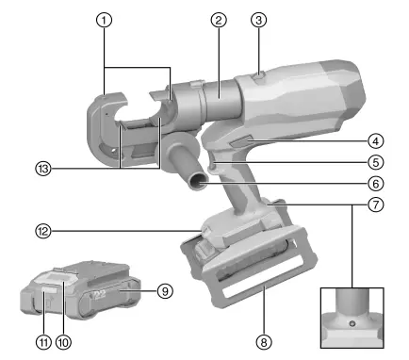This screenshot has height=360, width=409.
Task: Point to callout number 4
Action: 375,141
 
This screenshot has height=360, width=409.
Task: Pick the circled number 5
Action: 375,162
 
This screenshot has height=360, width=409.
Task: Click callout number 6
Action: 375,184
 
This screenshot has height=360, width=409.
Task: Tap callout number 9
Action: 165,291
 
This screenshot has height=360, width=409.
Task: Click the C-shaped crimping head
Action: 117,132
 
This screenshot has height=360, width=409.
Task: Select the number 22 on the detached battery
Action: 99,296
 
